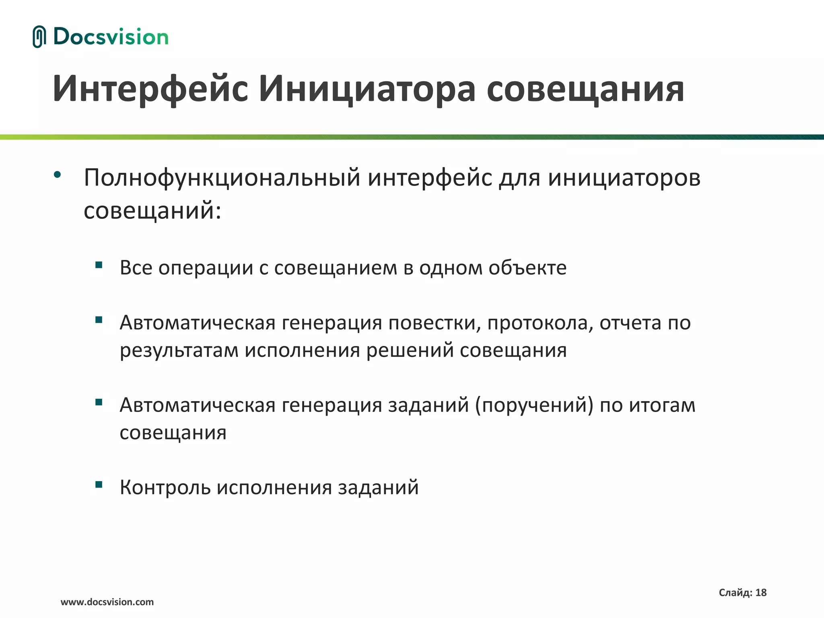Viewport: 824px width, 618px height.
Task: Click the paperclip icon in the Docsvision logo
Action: (39, 37)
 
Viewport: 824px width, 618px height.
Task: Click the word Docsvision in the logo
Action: (111, 37)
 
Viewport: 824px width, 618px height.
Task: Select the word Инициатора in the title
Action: (367, 89)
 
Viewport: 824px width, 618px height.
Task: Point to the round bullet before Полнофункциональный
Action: (58, 175)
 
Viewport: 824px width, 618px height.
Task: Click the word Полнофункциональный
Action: (222, 177)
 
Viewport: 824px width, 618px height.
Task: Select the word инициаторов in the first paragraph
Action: (624, 177)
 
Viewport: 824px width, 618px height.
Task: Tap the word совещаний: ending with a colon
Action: (152, 210)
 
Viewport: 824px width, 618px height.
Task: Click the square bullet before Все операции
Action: (99, 265)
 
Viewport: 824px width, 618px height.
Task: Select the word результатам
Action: (179, 350)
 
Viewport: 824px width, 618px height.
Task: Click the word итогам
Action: (662, 405)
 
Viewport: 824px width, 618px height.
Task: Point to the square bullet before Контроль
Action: (99, 484)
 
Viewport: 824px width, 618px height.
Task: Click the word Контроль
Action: (165, 487)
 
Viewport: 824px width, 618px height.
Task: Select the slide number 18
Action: (761, 593)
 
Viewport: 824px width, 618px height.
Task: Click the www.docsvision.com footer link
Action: (107, 602)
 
